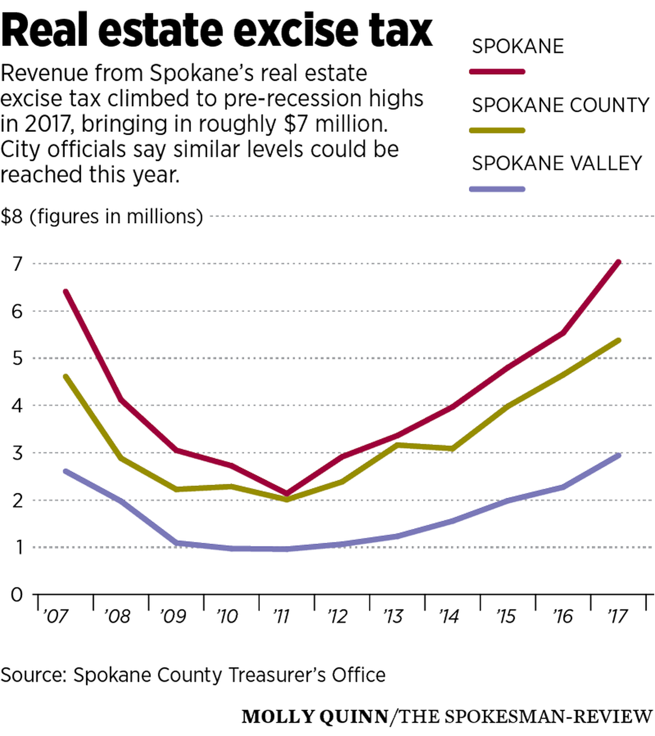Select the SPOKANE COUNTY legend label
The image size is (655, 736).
tap(561, 105)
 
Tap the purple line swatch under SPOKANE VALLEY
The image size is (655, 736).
tap(497, 189)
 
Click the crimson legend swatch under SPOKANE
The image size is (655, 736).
tap(497, 71)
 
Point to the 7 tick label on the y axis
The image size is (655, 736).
tap(17, 264)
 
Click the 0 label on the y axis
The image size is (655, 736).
tap(17, 594)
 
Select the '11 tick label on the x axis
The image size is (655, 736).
tap(281, 617)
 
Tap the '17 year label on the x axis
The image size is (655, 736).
tap(617, 617)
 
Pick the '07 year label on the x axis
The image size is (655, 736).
tap(56, 617)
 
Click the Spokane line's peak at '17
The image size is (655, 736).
tap(618, 262)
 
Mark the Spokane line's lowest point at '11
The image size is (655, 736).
tap(287, 493)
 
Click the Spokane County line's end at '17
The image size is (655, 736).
tap(618, 341)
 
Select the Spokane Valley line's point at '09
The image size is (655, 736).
tap(176, 543)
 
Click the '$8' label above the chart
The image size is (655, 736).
tap(12, 217)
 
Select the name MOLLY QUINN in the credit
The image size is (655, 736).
tap(315, 716)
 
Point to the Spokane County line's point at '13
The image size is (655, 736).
tap(397, 445)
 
